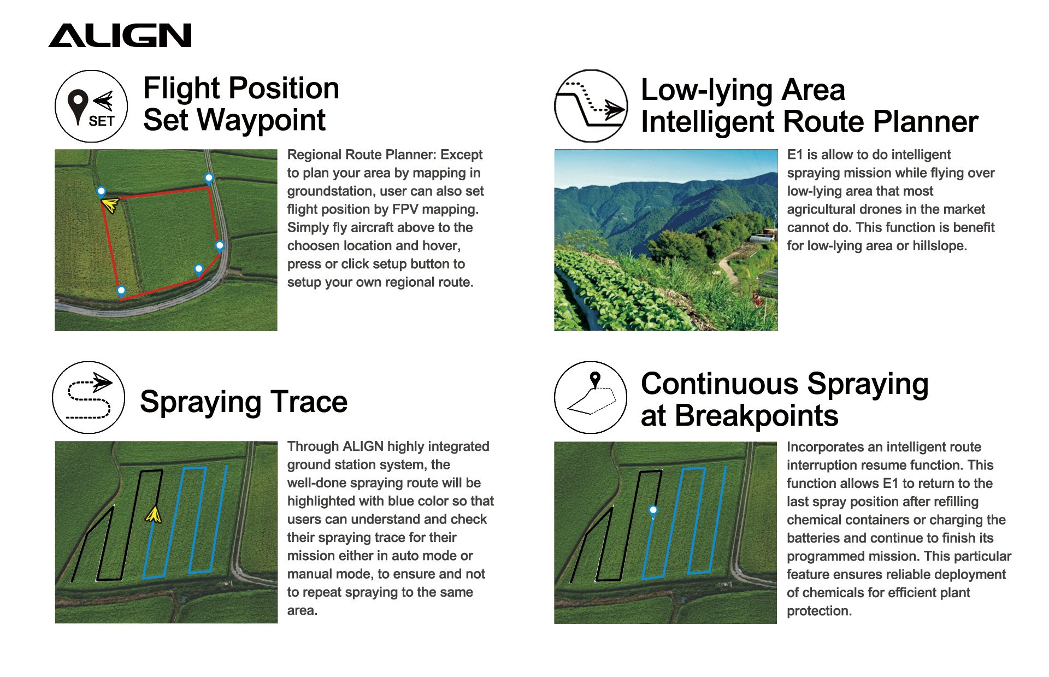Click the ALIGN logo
click(120, 36)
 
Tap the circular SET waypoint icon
click(91, 107)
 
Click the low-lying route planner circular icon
click(591, 106)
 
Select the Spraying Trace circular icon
click(89, 397)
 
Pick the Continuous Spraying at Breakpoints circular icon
click(591, 397)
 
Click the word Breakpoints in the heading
click(757, 416)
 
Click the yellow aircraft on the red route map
click(110, 205)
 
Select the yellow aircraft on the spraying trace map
click(154, 514)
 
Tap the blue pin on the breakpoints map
click(653, 510)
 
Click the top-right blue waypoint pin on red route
click(209, 178)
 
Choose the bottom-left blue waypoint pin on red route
click(121, 291)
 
